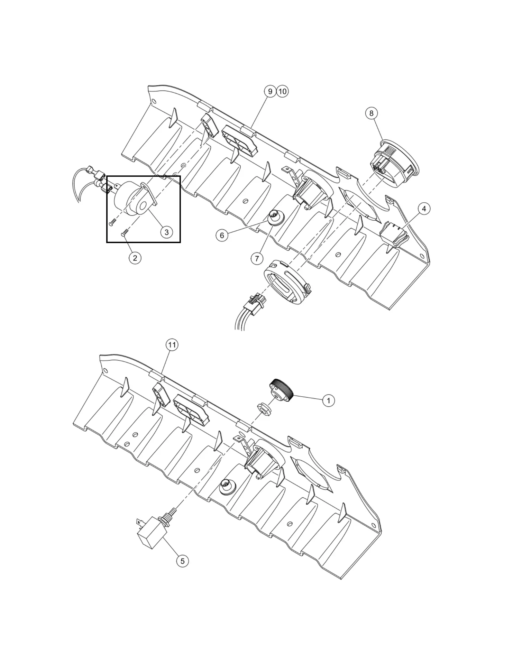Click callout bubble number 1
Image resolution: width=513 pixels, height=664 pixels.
coord(328,400)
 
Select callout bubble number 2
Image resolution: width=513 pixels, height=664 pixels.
coord(135,258)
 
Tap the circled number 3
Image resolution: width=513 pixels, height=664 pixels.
coord(166,232)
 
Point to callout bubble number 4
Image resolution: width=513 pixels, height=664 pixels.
coord(424,209)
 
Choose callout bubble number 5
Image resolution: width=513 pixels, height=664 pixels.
coord(183,561)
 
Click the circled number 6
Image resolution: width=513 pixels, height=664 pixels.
coord(222,236)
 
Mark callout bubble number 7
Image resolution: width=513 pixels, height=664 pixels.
coord(257,258)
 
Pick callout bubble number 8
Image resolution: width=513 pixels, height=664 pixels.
coord(372,113)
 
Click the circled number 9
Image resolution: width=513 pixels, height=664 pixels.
coord(270,91)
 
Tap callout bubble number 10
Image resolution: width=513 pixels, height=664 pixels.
coord(283,91)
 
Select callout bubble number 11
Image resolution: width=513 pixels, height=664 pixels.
coord(172,345)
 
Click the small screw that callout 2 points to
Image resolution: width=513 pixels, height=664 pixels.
coord(125,233)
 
